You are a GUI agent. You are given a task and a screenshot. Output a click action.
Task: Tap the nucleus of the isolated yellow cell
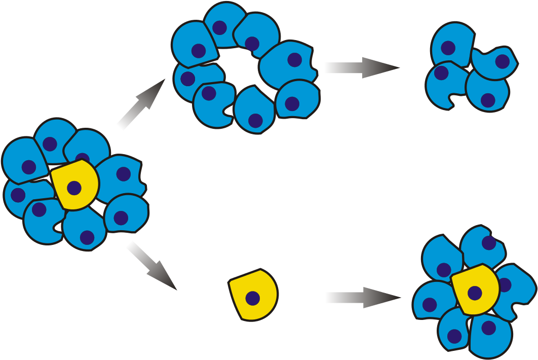(253, 298)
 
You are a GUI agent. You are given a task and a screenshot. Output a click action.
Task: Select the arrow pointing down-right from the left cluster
(151, 265)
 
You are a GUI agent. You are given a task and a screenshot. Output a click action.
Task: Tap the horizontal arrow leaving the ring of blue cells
(361, 67)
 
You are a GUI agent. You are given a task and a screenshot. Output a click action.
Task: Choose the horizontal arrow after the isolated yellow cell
(363, 298)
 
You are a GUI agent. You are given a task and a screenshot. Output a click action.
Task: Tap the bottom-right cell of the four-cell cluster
(487, 91)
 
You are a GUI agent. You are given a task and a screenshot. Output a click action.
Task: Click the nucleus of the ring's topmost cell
(219, 27)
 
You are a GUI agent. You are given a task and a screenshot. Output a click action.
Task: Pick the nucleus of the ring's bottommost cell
(255, 121)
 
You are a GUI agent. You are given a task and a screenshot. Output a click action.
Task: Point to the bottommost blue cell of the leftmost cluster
(85, 231)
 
